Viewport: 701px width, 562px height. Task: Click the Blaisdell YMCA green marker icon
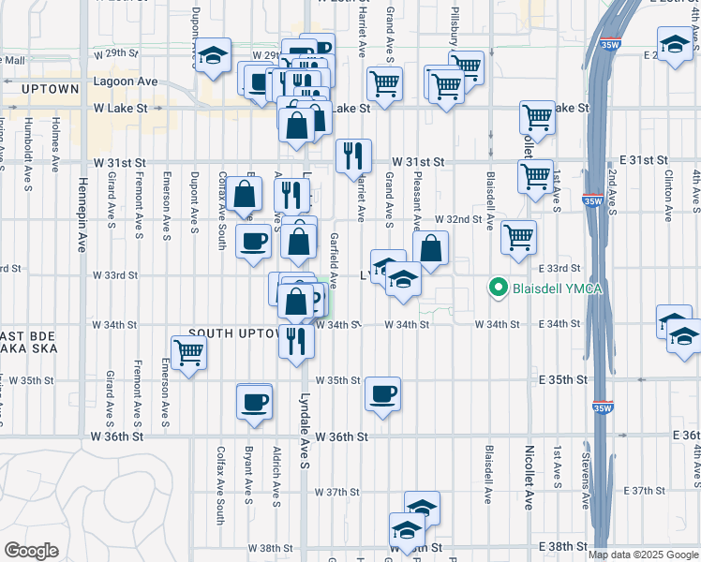coord(499,288)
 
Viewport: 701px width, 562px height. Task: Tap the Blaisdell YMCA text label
coord(556,288)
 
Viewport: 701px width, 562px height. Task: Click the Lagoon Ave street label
coord(126,81)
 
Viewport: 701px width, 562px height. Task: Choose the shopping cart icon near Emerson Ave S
coord(188,352)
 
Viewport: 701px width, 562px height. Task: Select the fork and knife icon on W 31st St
coord(353,155)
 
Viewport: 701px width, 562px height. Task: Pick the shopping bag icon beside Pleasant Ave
coord(430,248)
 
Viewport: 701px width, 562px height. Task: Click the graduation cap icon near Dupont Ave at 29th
coord(214,53)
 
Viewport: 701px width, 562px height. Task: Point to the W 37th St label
coord(337,492)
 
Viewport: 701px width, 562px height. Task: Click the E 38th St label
coord(562,546)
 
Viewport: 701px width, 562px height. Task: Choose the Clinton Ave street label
coord(669,196)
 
